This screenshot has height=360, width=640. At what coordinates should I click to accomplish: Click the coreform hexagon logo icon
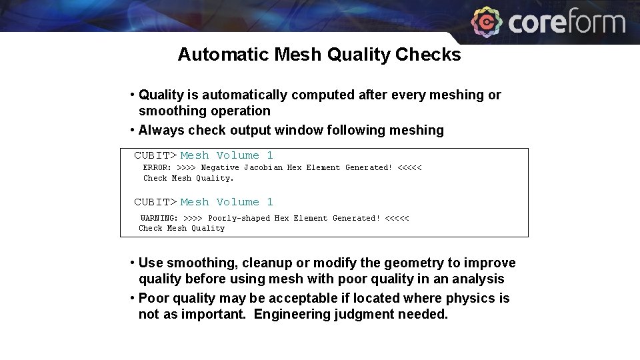pyautogui.click(x=487, y=22)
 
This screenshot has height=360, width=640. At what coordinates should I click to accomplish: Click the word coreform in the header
pyautogui.click(x=567, y=23)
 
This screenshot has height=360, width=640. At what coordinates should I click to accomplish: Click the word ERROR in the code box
pyautogui.click(x=157, y=168)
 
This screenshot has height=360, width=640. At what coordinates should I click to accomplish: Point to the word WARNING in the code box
pyautogui.click(x=159, y=219)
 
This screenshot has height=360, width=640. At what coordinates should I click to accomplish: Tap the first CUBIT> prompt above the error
pyautogui.click(x=155, y=155)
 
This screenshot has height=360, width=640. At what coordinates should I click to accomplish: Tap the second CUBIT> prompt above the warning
pyautogui.click(x=155, y=202)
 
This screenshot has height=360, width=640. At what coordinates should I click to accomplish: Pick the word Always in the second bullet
pyautogui.click(x=161, y=131)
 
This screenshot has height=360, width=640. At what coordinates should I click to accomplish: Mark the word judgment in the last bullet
pyautogui.click(x=366, y=314)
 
